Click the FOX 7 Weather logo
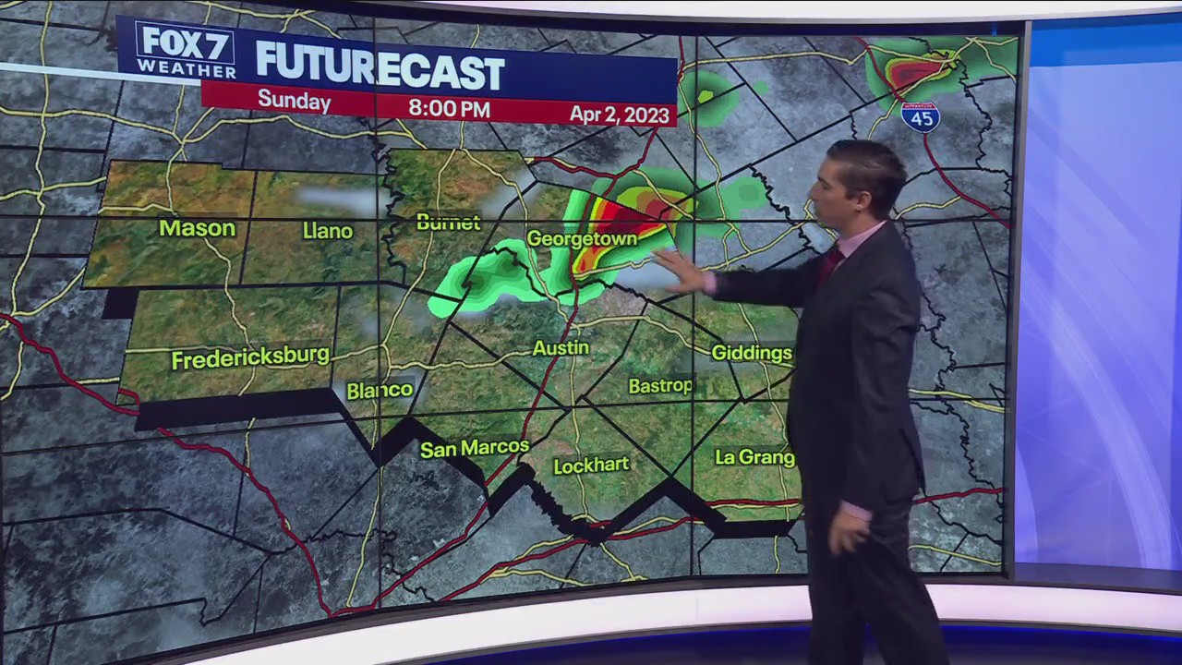[x=186, y=50]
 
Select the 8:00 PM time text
[x=449, y=108]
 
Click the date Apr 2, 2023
[x=621, y=114]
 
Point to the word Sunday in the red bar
[x=294, y=101]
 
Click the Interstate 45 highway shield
[x=920, y=116]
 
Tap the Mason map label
[x=197, y=228]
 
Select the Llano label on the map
[x=327, y=231]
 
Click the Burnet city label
[x=448, y=223]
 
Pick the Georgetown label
[x=582, y=239]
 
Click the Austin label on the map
[x=561, y=348]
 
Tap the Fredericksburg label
[x=250, y=357]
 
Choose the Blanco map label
[x=379, y=391]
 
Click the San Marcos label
[x=474, y=449]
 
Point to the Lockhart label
[x=590, y=465]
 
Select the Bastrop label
[x=659, y=386]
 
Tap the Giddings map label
[x=751, y=353]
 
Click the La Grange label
[x=754, y=457]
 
